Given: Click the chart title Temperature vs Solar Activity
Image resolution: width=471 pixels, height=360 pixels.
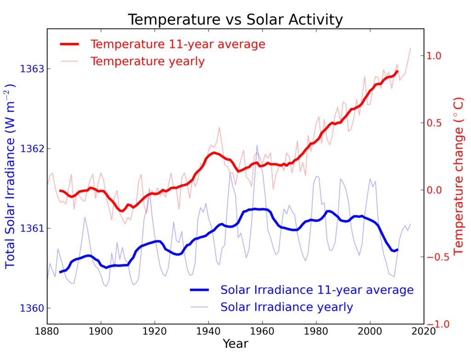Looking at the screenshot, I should (x=235, y=20).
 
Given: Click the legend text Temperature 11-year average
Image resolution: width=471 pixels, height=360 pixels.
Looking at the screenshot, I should (x=178, y=44).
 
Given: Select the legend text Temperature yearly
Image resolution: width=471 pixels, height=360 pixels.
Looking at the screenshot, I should (x=147, y=61).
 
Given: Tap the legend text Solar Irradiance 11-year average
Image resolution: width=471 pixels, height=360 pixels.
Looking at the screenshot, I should (x=317, y=290).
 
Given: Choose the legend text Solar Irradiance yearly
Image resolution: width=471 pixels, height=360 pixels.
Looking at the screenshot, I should (x=287, y=307).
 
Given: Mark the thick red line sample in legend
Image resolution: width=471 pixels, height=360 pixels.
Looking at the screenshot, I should (x=70, y=44).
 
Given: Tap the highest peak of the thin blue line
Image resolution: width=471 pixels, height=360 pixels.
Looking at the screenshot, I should (x=257, y=145).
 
